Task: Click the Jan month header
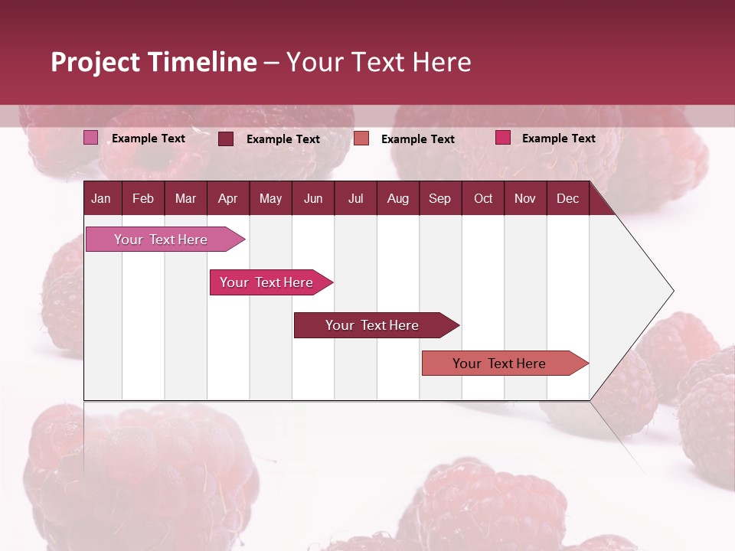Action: click(x=101, y=198)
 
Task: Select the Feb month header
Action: click(x=143, y=198)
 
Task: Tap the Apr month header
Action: click(x=227, y=198)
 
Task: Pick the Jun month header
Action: click(x=313, y=198)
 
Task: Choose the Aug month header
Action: click(x=397, y=198)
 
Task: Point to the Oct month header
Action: click(x=483, y=198)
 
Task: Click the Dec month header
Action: click(x=567, y=198)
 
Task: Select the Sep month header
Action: click(x=439, y=198)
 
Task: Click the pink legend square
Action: click(x=91, y=138)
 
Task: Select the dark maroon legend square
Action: click(x=226, y=139)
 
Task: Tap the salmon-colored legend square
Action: click(x=361, y=138)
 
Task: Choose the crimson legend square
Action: click(x=503, y=138)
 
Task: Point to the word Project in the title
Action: click(x=95, y=62)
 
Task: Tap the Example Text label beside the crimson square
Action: click(x=558, y=138)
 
